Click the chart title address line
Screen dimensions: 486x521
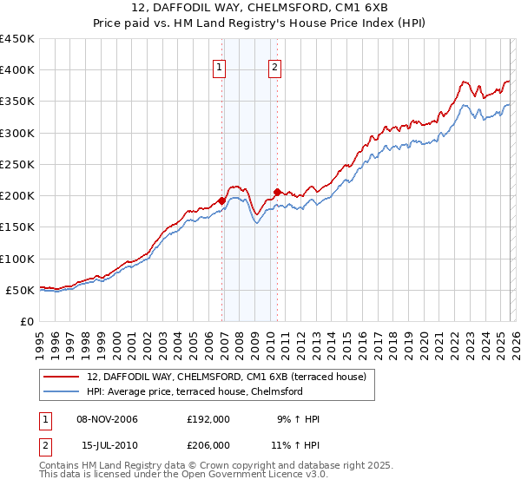[260, 9]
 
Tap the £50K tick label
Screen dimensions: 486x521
[20, 290]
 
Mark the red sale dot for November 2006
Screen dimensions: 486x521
[222, 200]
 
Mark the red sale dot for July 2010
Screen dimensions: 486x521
[277, 192]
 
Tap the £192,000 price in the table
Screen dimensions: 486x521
[208, 419]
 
